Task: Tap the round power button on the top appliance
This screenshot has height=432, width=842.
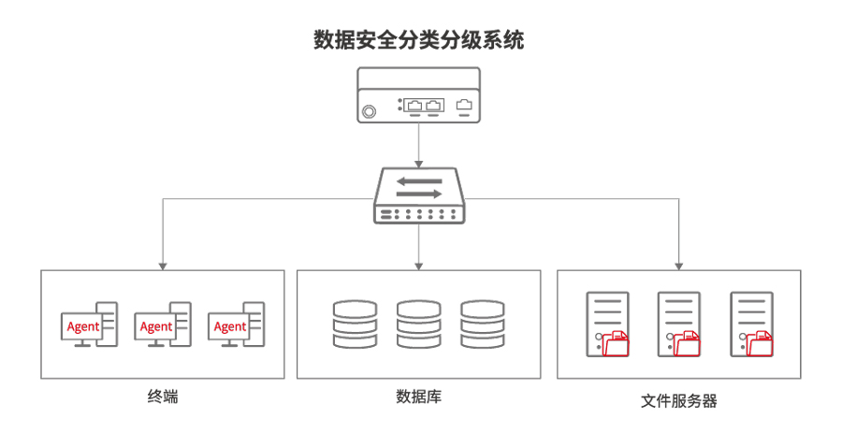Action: click(370, 111)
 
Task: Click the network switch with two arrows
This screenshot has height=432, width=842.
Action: click(418, 196)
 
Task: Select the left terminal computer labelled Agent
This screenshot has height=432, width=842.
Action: click(89, 325)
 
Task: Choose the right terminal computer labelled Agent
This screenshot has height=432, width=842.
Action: click(235, 325)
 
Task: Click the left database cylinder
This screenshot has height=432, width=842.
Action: click(355, 324)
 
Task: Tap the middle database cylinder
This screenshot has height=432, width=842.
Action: click(418, 324)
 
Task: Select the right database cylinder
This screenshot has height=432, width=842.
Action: click(482, 324)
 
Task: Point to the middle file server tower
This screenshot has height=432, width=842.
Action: click(678, 323)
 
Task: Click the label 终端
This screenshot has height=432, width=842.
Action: click(163, 397)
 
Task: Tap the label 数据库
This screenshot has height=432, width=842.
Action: click(418, 397)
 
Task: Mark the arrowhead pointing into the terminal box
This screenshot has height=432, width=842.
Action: click(163, 264)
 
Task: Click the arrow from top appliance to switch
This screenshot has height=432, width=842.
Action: click(418, 145)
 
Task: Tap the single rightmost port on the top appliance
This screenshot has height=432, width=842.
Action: click(464, 105)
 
